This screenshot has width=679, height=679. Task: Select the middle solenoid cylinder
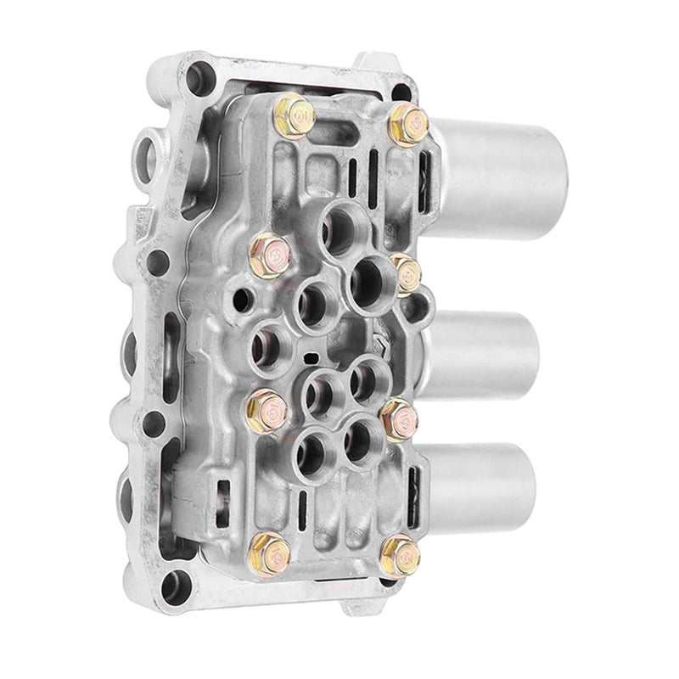(x=488, y=353)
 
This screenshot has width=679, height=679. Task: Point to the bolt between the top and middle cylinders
(x=407, y=272)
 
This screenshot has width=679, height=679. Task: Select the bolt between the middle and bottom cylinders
(x=399, y=418)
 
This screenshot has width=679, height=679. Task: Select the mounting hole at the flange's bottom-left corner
(x=176, y=583)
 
